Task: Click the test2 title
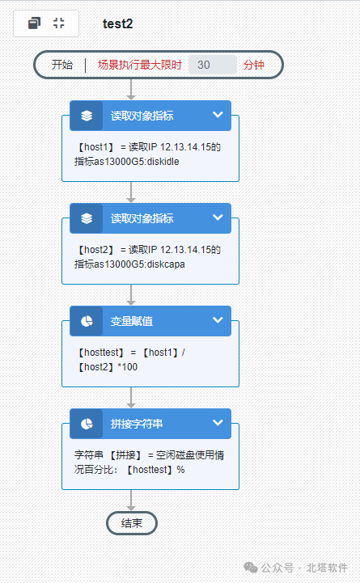pos(117,23)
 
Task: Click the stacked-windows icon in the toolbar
pos(34,23)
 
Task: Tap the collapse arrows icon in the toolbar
pos(59,23)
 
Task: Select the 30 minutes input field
pos(212,65)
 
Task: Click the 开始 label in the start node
pos(62,65)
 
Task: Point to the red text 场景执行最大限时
pos(139,65)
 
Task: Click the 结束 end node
pos(132,523)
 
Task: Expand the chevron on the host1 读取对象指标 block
pos(218,115)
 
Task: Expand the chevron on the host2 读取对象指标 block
pos(218,218)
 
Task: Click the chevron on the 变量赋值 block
pos(218,320)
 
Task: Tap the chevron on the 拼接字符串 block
pos(218,423)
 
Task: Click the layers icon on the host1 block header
pos(87,116)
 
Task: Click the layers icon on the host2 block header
pos(87,218)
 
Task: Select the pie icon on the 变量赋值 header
pos(87,321)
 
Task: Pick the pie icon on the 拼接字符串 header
pos(87,424)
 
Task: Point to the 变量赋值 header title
pos(132,321)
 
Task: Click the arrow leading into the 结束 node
pos(131,501)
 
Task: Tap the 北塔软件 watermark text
pos(327,568)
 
